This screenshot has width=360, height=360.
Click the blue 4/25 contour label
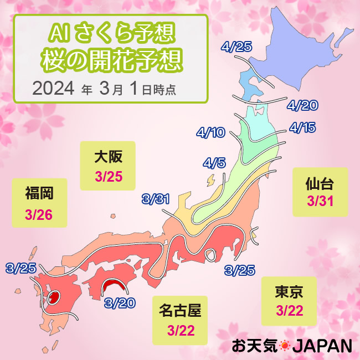click(x=236, y=47)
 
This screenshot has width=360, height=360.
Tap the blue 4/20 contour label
click(x=302, y=105)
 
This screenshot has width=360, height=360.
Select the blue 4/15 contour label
click(x=302, y=128)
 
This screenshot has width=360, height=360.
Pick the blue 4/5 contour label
click(x=214, y=163)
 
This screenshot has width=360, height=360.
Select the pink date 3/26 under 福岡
click(x=39, y=214)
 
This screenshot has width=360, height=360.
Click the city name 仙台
click(x=320, y=183)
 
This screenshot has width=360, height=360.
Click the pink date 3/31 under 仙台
click(x=320, y=202)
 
